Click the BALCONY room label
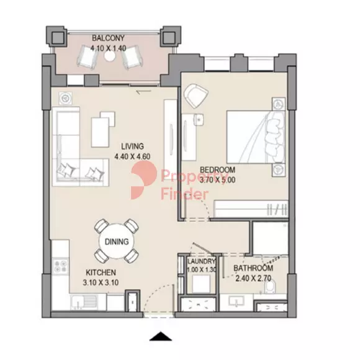point(108,38)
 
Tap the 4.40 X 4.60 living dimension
point(132,156)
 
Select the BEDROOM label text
point(217,170)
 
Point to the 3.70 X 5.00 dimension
point(217,180)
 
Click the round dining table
point(117,241)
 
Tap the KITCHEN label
point(101,272)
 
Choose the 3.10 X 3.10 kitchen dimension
point(101,282)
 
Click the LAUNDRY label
point(201,261)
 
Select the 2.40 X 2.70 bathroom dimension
point(253,278)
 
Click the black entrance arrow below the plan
point(161,336)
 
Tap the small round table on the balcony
point(109,55)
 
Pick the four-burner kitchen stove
point(61,266)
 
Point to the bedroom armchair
point(197,96)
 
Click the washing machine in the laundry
point(200,284)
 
